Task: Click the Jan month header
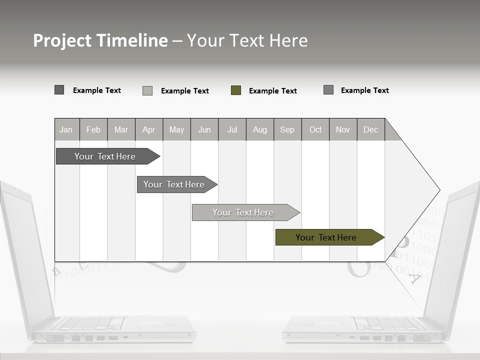(66, 129)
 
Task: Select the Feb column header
(93, 129)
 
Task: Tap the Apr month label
(148, 129)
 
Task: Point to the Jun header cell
(204, 129)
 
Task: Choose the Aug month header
(259, 129)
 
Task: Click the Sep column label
(287, 129)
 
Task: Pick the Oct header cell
(315, 129)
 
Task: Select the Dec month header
(370, 129)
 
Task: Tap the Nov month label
(343, 129)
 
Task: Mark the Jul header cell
(232, 129)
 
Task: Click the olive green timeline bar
(326, 237)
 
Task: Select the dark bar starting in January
(105, 156)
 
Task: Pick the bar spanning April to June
(174, 184)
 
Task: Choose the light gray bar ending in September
(243, 212)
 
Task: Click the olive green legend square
(236, 90)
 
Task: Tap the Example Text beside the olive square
(272, 91)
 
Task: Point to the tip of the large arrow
(439, 189)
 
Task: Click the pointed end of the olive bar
(383, 237)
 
